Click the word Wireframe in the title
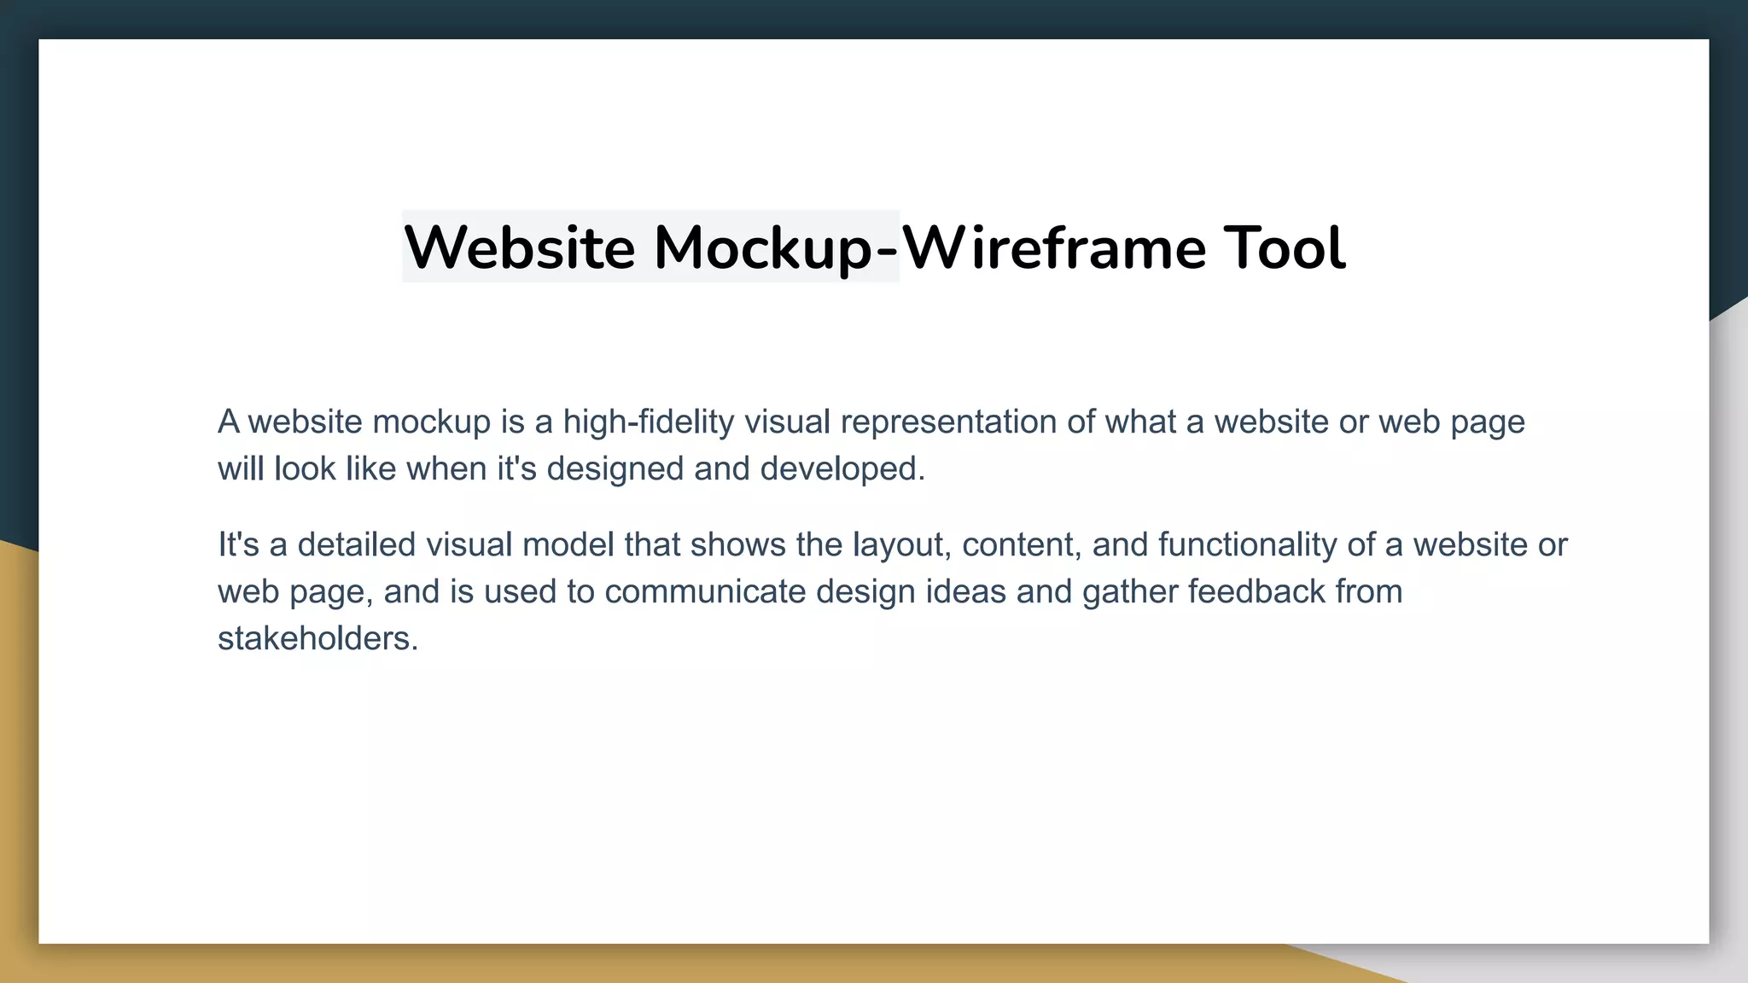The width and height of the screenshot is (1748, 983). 1054,247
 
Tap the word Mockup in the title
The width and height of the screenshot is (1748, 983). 763,247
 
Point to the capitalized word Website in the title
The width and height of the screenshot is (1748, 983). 520,247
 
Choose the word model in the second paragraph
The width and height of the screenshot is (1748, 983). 568,544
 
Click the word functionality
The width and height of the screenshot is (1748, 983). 1248,544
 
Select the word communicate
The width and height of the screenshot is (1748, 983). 705,591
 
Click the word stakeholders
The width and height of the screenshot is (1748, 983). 318,638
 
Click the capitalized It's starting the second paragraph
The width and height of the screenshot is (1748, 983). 238,544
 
